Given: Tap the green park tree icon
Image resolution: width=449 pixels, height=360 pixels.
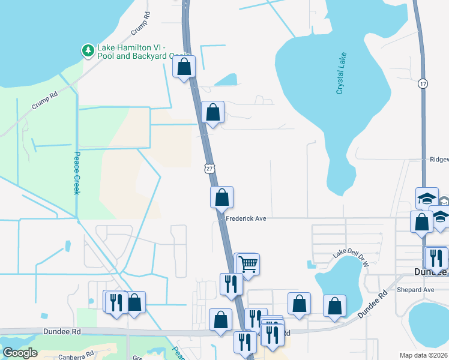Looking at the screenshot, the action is click(x=88, y=50).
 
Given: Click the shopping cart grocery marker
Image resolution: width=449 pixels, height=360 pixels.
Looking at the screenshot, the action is click(x=248, y=263).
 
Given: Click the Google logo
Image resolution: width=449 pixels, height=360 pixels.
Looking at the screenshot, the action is click(x=19, y=353).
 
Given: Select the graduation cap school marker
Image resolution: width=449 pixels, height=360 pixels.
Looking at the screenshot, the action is click(x=427, y=199).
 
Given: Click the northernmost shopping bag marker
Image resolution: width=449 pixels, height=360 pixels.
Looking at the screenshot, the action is click(x=184, y=67).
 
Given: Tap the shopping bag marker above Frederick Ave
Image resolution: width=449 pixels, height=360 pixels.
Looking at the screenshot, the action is click(x=221, y=196).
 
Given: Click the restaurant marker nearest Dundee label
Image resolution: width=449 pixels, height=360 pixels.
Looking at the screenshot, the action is click(x=436, y=257).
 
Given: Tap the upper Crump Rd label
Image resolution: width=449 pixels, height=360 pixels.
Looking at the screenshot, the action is click(x=139, y=24).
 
